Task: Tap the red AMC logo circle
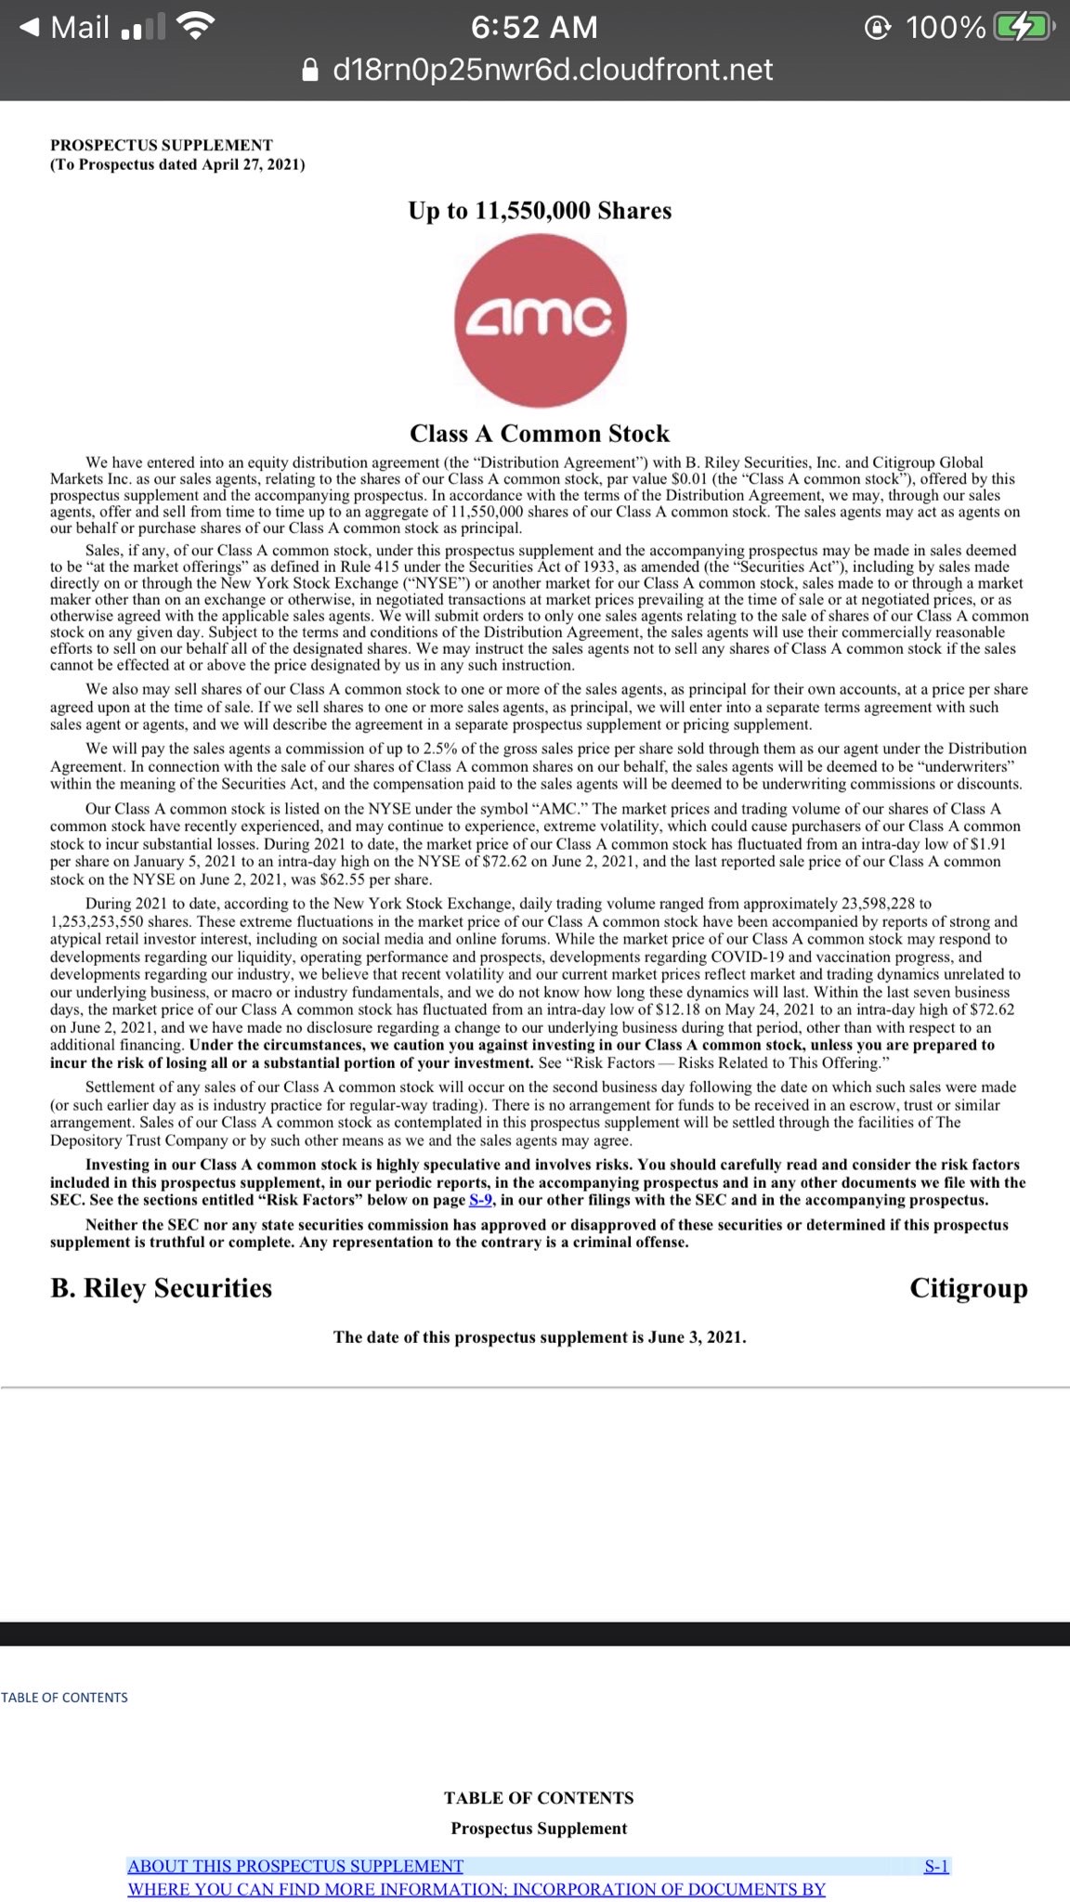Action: (541, 319)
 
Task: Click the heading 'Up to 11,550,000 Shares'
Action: (540, 211)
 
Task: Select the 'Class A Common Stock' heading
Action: (540, 434)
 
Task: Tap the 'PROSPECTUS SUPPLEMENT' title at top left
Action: (162, 145)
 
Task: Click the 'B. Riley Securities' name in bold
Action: (162, 1288)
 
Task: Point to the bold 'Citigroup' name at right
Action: (968, 1288)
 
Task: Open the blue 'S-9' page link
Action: (480, 1200)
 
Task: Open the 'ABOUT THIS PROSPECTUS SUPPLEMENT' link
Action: (295, 1866)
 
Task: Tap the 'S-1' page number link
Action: (936, 1866)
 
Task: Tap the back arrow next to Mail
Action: (30, 28)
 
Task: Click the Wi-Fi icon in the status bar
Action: (194, 28)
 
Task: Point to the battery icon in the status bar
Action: (1022, 28)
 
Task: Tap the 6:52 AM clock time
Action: (534, 28)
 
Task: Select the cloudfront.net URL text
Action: (553, 70)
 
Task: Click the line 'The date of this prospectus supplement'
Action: (540, 1337)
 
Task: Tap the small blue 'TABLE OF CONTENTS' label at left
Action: (64, 1698)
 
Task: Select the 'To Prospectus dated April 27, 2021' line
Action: (177, 165)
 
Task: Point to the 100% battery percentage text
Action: (946, 28)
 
